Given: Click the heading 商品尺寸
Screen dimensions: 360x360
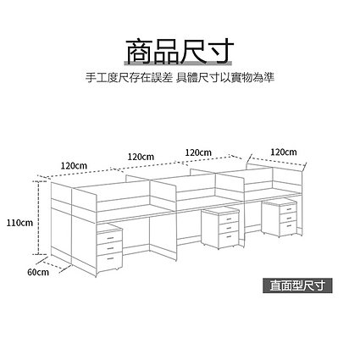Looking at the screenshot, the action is coord(180,52).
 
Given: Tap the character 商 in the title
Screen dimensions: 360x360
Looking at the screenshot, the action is coord(139,52).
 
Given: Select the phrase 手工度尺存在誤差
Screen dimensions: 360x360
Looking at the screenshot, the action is coord(129,77).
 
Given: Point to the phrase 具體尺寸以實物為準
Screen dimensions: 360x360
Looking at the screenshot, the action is coord(225,77).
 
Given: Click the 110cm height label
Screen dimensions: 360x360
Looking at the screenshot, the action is coord(20,223).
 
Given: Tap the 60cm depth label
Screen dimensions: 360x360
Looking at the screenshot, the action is coord(38,272).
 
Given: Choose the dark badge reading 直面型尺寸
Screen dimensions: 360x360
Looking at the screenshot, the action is coord(297,285).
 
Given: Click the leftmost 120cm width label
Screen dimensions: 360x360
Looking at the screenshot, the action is coord(74,165).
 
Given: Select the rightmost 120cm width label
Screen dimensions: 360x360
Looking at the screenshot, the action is coord(284,152).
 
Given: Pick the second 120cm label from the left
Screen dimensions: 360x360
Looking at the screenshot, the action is coord(141,157).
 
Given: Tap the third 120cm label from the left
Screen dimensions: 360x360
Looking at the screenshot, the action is coord(198,152).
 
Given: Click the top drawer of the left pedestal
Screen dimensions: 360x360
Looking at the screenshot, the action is coord(110,238).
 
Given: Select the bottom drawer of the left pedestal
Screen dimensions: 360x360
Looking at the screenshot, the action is coord(110,260).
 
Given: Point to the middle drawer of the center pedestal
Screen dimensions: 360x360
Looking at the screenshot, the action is coord(229,228).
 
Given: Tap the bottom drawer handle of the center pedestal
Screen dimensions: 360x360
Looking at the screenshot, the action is coord(229,236).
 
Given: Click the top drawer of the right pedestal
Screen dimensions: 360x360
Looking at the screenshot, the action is coord(288,209).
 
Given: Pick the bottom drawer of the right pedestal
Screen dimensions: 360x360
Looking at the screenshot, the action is coord(288,227).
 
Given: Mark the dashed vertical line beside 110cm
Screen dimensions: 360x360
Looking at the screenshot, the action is coord(39,218).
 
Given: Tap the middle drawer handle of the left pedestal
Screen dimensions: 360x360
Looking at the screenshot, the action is coord(110,248).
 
